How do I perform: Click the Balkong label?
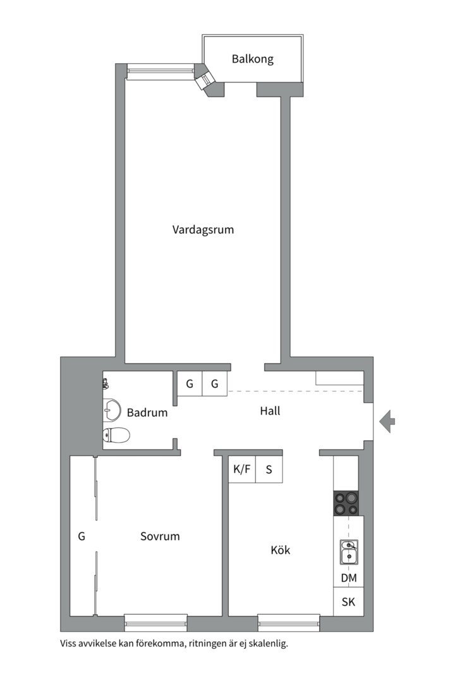tap(252, 59)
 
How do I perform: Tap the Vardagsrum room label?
tap(203, 230)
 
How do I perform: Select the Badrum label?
tap(147, 413)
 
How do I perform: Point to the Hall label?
tap(270, 411)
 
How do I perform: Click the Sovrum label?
tap(160, 536)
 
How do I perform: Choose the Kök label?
tap(280, 550)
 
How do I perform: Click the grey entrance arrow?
tap(387, 421)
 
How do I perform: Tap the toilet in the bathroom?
tap(116, 435)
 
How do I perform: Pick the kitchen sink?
tap(348, 551)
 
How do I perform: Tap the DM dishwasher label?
tap(348, 578)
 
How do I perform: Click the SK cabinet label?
tap(348, 602)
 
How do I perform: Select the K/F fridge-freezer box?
tap(241, 470)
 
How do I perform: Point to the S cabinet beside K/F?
tap(269, 470)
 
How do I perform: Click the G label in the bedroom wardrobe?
tap(82, 536)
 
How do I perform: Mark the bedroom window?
tap(155, 622)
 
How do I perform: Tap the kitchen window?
tap(289, 622)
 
